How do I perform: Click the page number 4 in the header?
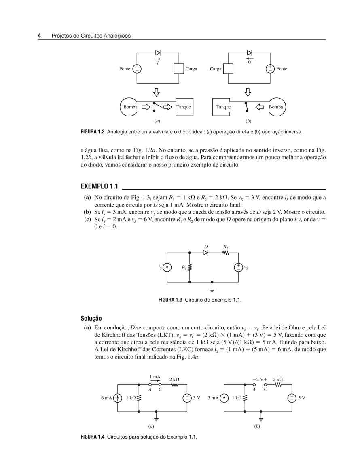click(x=40, y=36)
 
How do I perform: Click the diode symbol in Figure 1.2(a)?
click(x=158, y=53)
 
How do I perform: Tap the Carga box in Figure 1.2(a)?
click(x=179, y=69)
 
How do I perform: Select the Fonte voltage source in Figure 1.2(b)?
click(x=270, y=69)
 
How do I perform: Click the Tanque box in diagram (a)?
click(x=184, y=107)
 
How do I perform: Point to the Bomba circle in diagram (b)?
click(x=276, y=107)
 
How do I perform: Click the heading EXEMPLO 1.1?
click(x=99, y=186)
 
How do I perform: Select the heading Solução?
click(x=91, y=319)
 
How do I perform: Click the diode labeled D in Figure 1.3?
click(x=205, y=253)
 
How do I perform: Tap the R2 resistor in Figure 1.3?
click(x=226, y=253)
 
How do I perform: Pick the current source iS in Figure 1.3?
click(x=167, y=267)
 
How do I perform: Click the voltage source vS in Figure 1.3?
click(x=239, y=267)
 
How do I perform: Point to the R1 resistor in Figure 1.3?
click(x=189, y=267)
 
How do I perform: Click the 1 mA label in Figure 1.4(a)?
click(x=155, y=377)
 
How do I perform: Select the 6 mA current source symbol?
click(x=117, y=398)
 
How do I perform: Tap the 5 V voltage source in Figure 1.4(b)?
click(x=292, y=398)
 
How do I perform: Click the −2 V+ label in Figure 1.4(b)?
click(x=260, y=380)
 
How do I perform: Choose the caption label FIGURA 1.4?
click(x=93, y=437)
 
